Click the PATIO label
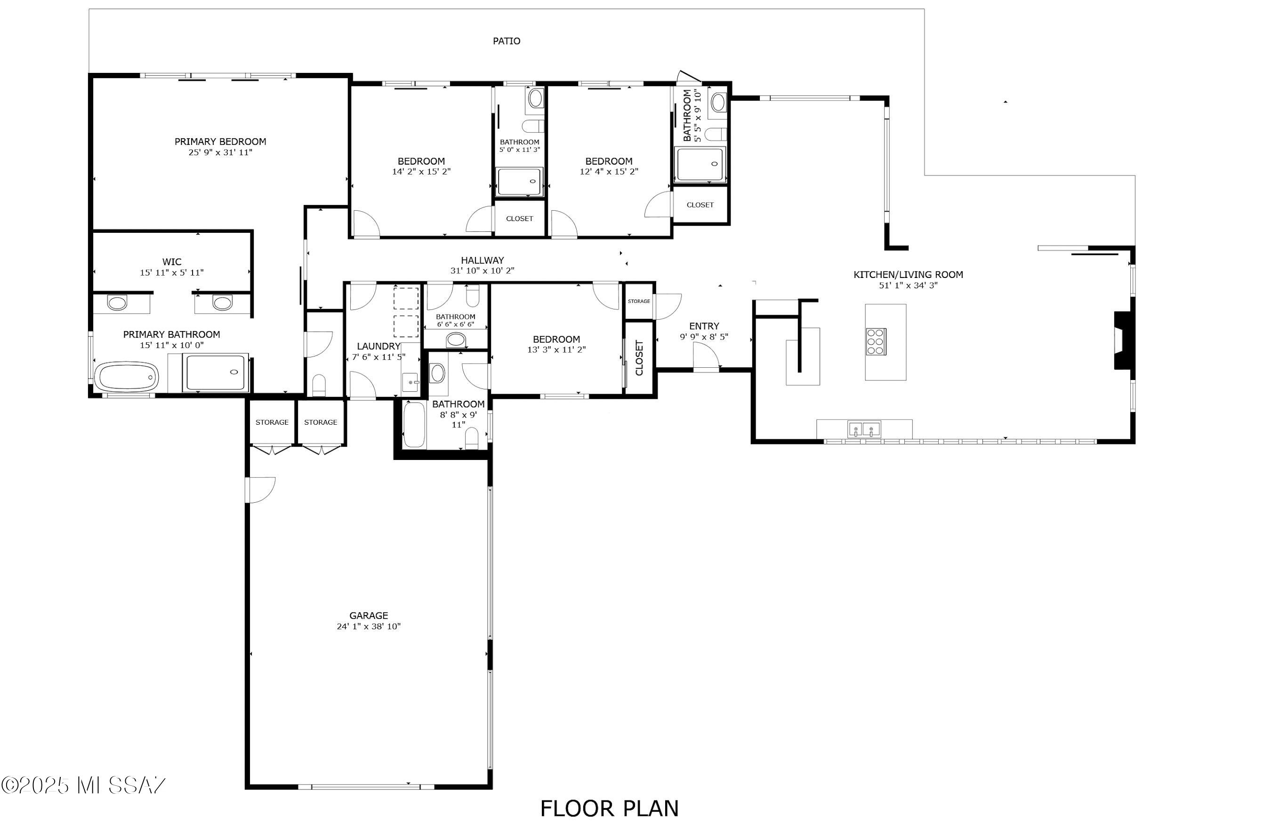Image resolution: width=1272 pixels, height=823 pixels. click(506, 41)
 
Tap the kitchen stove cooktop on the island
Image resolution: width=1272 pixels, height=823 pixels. click(876, 342)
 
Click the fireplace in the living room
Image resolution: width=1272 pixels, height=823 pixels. click(1121, 340)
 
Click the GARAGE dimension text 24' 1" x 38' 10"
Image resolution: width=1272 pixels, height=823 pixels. click(368, 626)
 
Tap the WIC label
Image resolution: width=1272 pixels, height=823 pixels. click(171, 261)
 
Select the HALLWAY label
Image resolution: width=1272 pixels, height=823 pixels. click(482, 260)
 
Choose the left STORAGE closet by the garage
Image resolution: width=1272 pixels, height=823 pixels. click(272, 422)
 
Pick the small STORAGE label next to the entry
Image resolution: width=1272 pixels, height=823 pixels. click(639, 301)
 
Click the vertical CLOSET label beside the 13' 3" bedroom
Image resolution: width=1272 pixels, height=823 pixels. click(639, 358)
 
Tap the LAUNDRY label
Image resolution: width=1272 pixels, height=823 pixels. click(378, 346)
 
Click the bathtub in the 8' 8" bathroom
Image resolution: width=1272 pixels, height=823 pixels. click(414, 425)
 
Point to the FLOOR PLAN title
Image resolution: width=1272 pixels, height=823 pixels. click(609, 808)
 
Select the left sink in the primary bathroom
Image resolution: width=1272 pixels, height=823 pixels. click(117, 303)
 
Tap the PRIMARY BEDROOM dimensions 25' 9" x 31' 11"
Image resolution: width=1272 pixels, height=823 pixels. click(220, 152)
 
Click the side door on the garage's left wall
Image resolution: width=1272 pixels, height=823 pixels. click(260, 490)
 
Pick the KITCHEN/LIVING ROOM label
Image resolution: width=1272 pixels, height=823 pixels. click(908, 275)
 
